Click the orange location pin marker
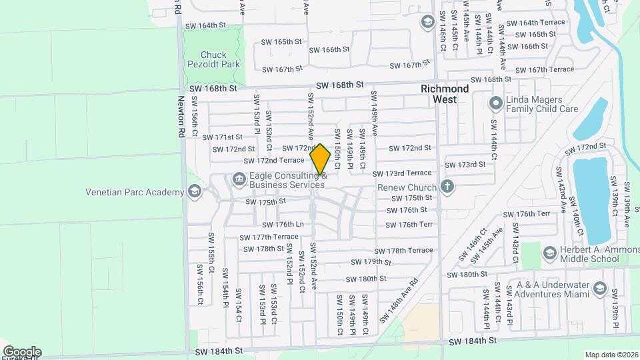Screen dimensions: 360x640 [321, 159]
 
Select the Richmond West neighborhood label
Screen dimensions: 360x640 [445, 94]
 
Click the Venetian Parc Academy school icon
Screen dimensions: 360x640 [194, 192]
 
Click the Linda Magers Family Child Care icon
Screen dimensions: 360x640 [495, 104]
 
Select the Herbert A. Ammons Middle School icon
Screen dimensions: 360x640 [549, 253]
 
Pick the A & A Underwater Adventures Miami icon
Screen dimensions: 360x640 [599, 289]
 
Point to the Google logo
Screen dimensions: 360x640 [22, 351]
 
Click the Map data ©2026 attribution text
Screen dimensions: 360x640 [610, 355]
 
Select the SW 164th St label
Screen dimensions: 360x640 [207, 25]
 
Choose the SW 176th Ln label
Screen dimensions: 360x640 [283, 225]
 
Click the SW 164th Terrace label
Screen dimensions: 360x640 [535, 22]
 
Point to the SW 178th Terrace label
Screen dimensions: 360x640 [409, 250]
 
